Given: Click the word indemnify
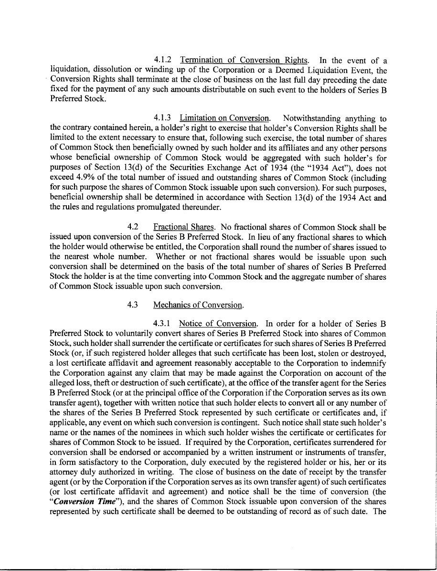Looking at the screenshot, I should (368, 363).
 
